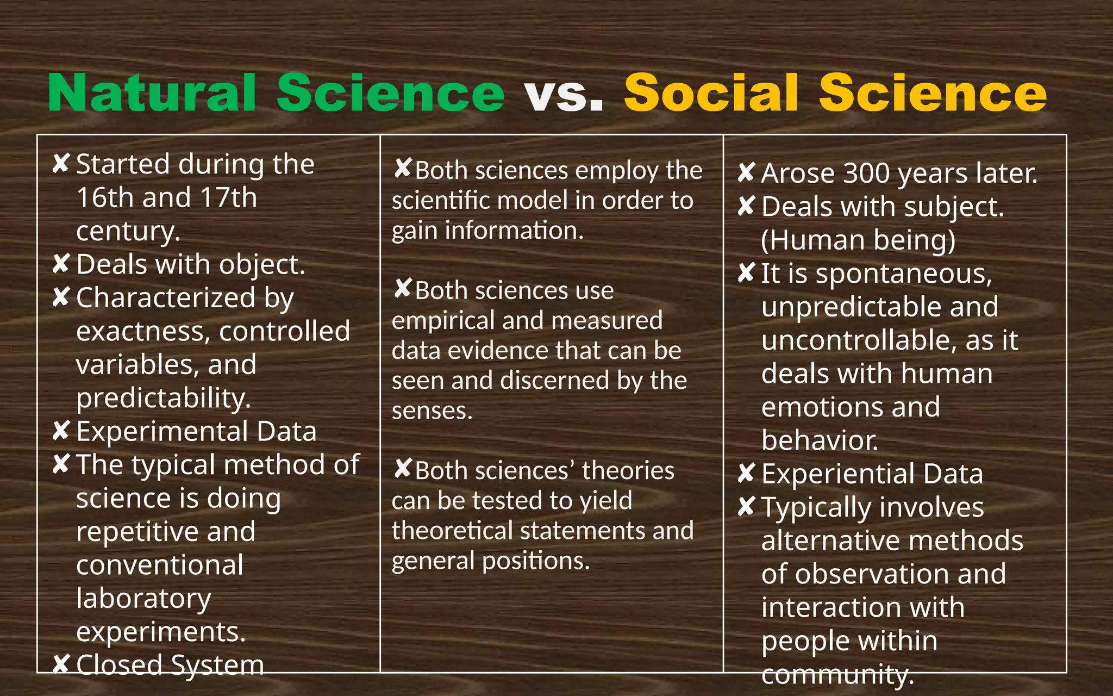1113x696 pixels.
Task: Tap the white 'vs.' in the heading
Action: pos(564,94)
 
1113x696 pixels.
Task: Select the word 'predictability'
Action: pos(163,398)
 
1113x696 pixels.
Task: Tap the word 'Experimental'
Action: pos(162,432)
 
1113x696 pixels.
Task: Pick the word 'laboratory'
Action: pos(143,599)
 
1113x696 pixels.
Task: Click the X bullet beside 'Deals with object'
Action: pos(61,264)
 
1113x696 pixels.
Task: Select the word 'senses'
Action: pos(432,411)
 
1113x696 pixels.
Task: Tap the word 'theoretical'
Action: pos(452,531)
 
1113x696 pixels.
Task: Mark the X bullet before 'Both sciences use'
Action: pos(403,289)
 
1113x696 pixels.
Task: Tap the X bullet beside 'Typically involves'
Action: pos(746,507)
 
